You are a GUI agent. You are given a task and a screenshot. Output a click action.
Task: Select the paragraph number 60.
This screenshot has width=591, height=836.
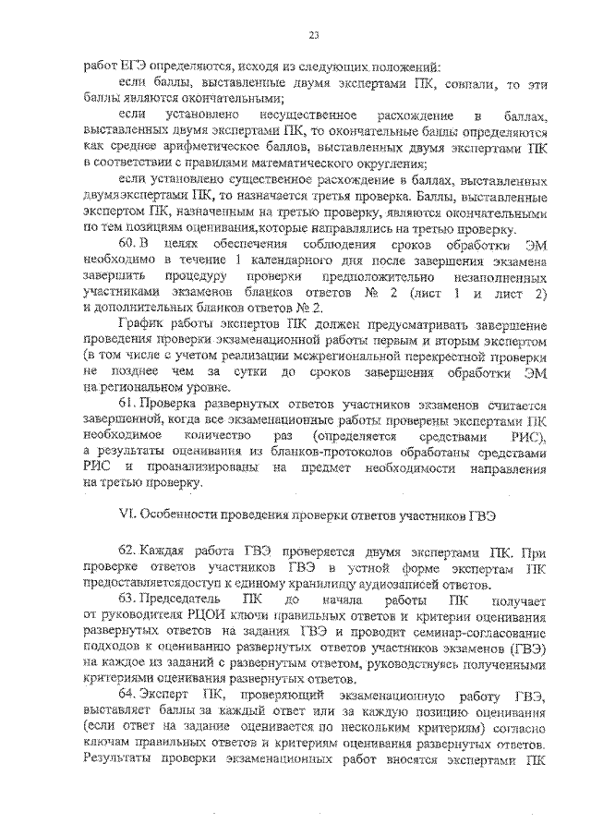pos(129,243)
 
